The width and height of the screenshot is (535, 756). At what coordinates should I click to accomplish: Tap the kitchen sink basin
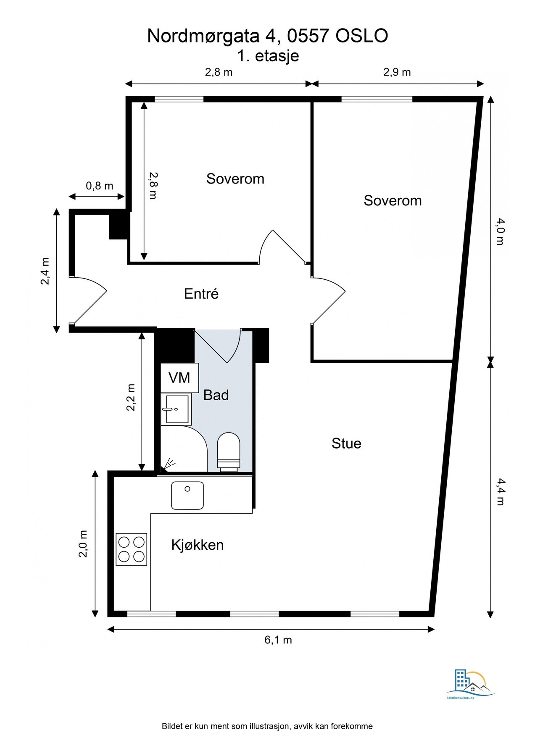[187, 496]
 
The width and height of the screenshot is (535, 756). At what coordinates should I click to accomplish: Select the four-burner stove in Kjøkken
[132, 549]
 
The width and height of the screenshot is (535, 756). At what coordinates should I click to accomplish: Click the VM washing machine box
[179, 378]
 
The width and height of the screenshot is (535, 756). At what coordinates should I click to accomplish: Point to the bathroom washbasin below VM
[176, 409]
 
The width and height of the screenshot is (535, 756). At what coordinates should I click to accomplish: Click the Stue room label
[346, 444]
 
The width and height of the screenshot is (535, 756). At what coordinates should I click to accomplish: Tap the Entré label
[201, 294]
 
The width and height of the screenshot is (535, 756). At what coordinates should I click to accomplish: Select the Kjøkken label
[198, 545]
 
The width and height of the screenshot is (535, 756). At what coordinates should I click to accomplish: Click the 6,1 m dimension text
[278, 640]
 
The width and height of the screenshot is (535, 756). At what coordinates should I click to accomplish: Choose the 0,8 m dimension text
[100, 186]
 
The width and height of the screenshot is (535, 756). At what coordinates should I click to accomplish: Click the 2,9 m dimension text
[397, 72]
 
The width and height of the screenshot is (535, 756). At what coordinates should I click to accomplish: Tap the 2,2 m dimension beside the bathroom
[131, 397]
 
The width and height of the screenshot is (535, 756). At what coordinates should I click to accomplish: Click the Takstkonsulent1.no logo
[471, 685]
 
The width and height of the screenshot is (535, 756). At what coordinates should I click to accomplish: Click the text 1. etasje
[268, 55]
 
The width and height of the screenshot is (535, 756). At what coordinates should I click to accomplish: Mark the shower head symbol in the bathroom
[169, 464]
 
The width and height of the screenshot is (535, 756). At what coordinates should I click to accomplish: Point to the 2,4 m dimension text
[45, 271]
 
